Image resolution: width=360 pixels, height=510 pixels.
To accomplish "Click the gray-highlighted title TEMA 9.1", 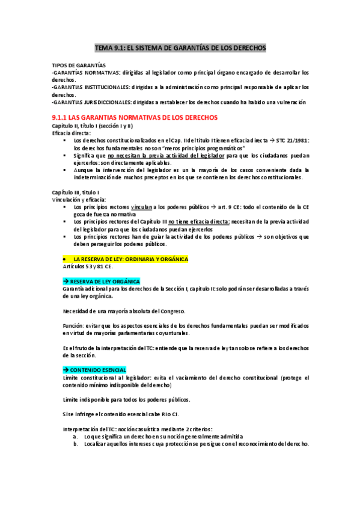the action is [180, 48].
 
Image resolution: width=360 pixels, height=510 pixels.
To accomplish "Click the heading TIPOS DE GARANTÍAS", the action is [79, 64].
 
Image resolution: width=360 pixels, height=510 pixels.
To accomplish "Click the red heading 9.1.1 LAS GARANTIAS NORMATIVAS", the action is [135, 118].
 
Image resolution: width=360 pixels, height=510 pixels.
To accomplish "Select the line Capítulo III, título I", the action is [76, 192].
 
